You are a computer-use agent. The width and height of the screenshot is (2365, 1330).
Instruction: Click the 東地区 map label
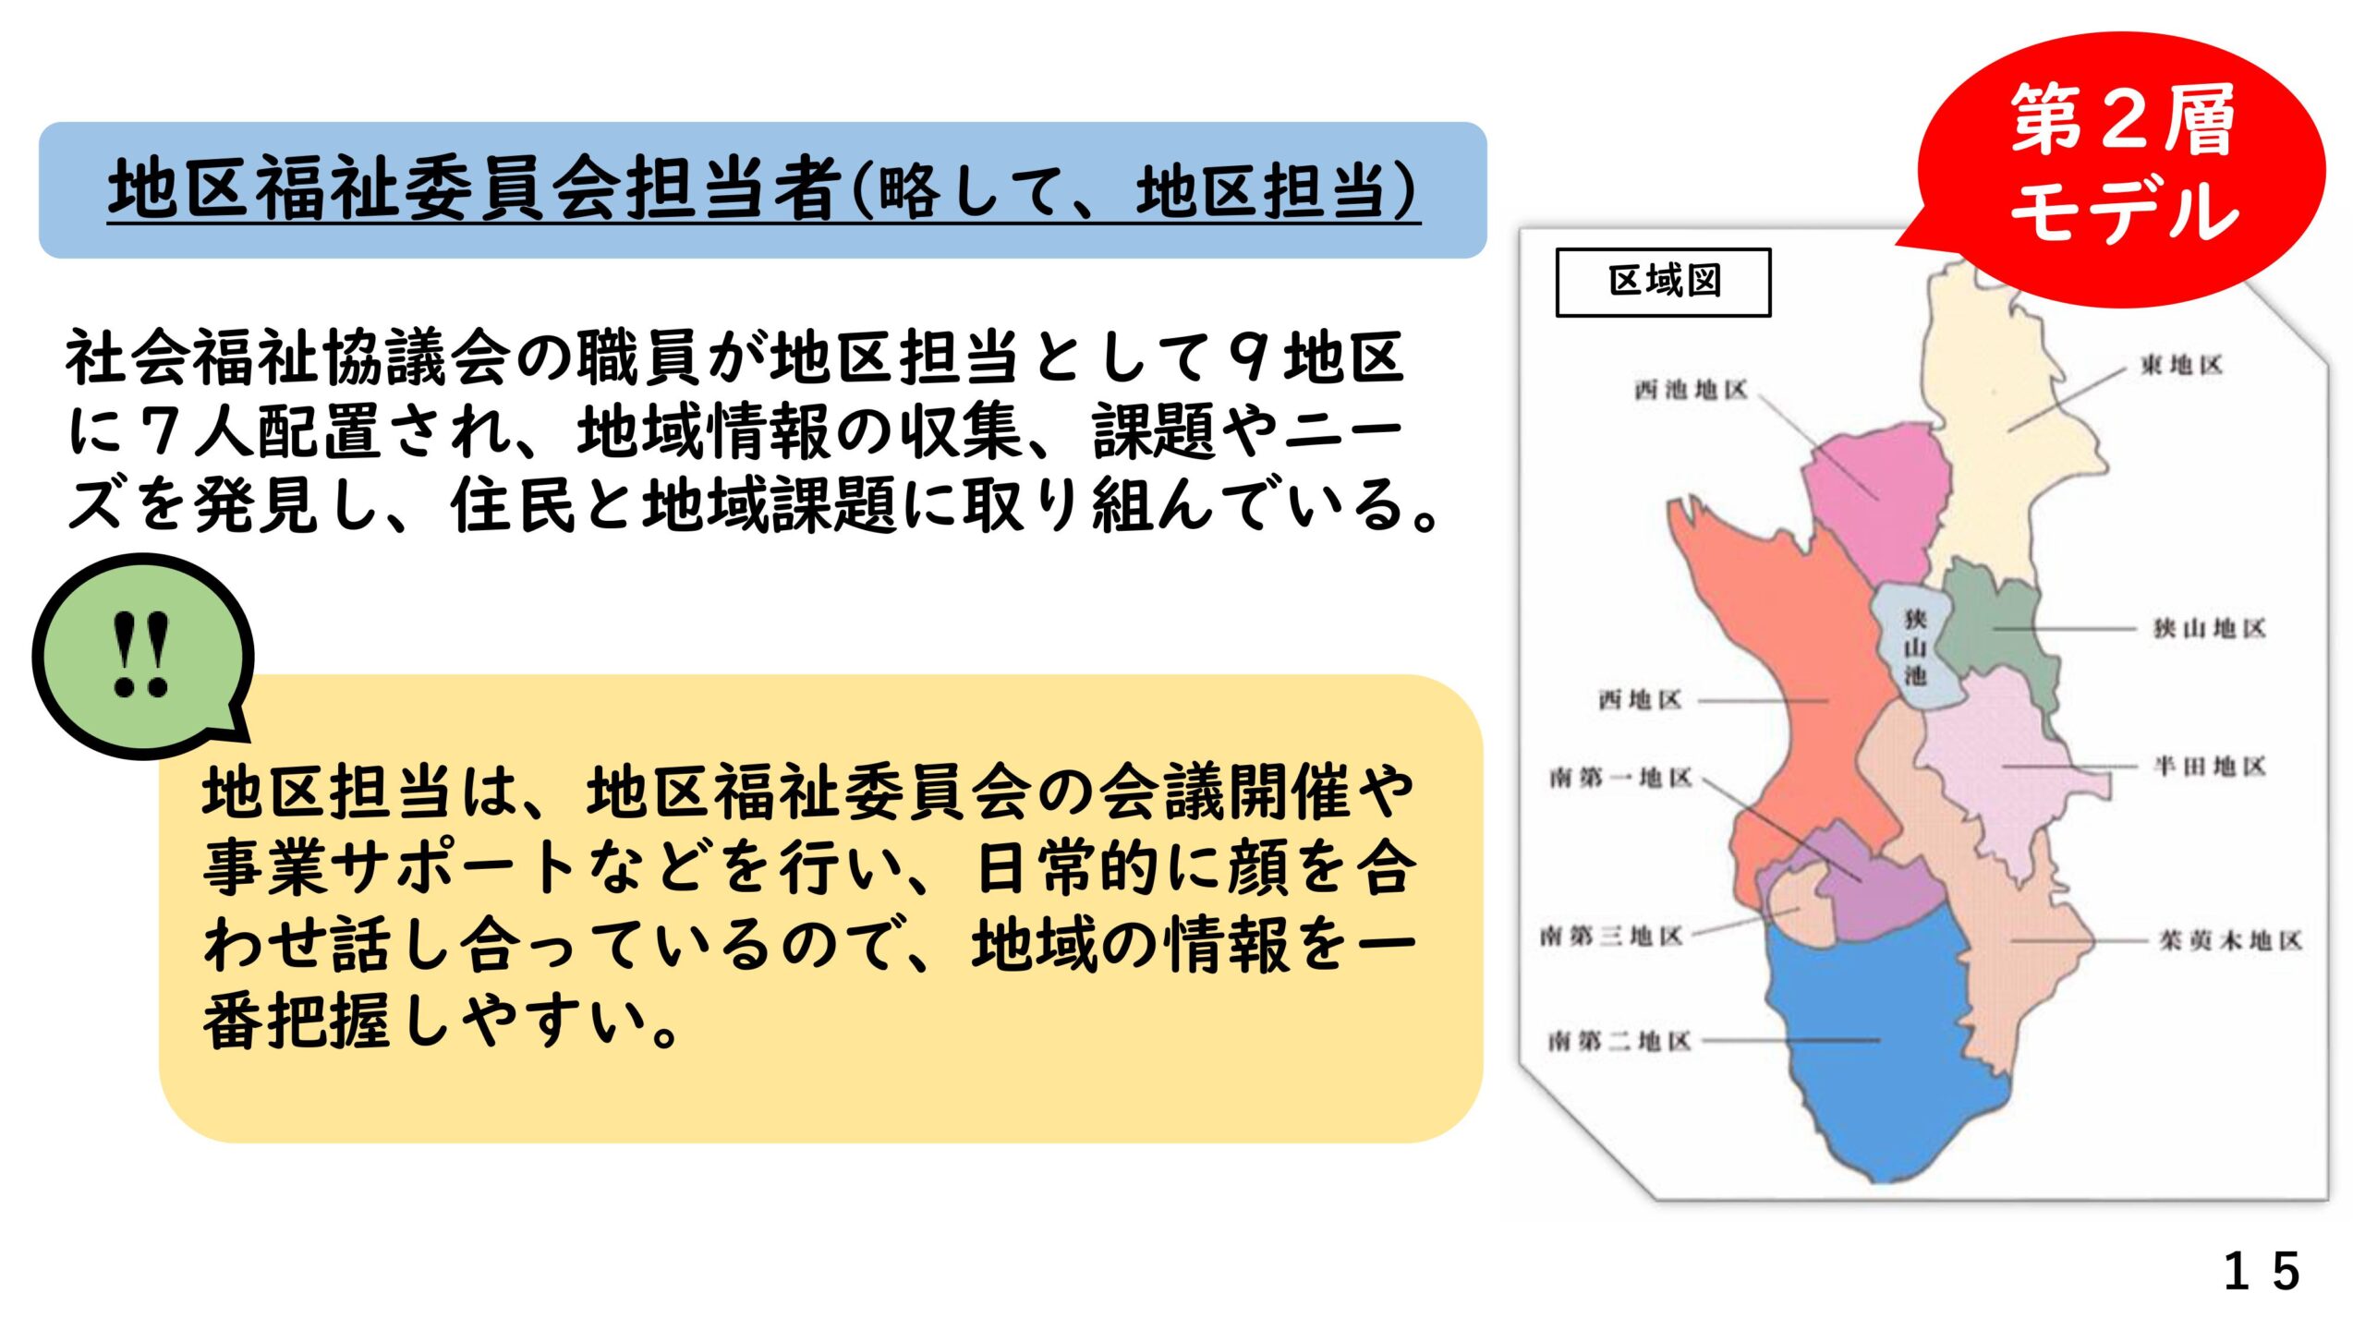(2181, 366)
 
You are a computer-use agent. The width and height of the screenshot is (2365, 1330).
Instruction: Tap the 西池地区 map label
(1691, 391)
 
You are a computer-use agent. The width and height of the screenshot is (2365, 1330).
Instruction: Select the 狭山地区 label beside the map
(2210, 629)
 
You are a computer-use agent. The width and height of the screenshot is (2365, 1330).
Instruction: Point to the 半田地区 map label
(2210, 766)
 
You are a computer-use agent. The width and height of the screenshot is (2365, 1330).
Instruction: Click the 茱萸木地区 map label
(2229, 941)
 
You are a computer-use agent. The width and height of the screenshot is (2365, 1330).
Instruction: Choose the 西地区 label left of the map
(1640, 700)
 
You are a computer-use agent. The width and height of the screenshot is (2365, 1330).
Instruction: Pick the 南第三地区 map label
(1611, 937)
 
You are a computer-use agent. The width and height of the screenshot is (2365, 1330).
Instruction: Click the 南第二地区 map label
(1619, 1042)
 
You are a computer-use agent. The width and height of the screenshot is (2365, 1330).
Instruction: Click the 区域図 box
(1663, 282)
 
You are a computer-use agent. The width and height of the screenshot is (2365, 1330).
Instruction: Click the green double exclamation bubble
(143, 656)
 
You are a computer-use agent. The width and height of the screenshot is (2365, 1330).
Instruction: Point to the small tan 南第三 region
(1797, 905)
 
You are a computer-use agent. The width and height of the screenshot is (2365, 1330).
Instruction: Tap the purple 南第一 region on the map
(1875, 877)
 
